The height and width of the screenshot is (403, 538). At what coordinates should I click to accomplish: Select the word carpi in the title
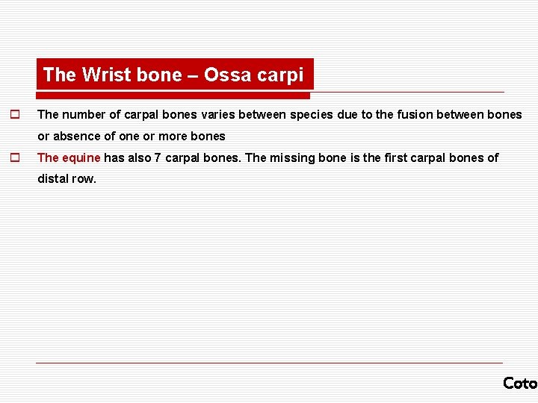(282, 75)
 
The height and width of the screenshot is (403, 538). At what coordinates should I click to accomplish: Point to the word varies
(219, 115)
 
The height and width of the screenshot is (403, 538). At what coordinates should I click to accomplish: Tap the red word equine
(81, 157)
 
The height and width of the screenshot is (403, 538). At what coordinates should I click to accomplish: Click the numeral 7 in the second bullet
(158, 157)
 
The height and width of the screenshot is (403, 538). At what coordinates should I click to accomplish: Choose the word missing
(294, 157)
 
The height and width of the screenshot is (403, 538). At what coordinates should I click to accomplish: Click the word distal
(52, 179)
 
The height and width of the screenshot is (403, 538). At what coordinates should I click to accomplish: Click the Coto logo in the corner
(520, 383)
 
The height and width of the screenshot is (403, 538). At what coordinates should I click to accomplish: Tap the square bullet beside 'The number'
(13, 115)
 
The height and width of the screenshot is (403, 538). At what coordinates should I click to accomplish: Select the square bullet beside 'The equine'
(13, 157)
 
